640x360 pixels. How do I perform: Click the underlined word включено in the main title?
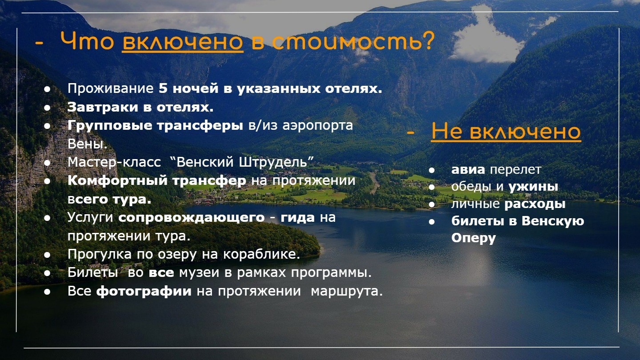coord(183,42)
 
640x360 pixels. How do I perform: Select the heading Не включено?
coord(506,131)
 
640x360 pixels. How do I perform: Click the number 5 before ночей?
coord(163,88)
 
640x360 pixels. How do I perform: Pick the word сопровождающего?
coord(192,218)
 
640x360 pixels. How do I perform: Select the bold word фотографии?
coord(144,291)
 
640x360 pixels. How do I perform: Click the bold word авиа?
coord(468,170)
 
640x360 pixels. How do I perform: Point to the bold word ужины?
coord(533,187)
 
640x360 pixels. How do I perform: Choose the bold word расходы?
coord(535,204)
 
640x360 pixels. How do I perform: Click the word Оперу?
coord(473,238)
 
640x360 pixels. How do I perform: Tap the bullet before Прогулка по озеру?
coord(47,255)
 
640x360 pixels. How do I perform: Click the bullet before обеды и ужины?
coord(432,188)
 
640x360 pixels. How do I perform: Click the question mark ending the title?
coord(428,41)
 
